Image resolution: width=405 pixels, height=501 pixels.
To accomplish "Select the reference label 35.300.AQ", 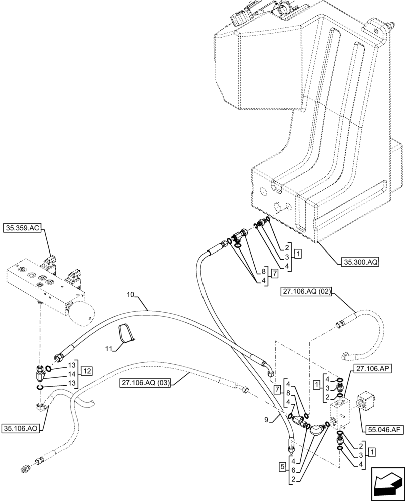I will (x=361, y=261).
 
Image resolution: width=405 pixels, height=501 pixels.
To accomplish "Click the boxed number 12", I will (x=88, y=371).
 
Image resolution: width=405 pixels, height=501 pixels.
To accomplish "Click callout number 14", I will (x=71, y=374).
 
